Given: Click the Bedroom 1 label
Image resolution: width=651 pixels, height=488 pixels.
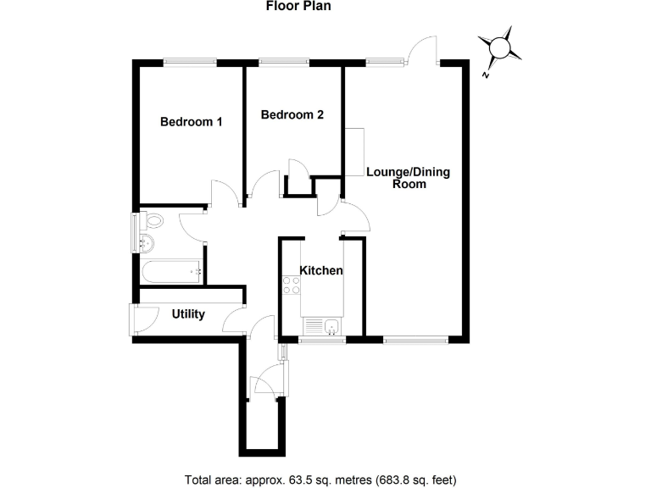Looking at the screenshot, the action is click(192, 122).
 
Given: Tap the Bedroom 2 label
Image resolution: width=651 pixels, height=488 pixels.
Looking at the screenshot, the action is click(292, 114).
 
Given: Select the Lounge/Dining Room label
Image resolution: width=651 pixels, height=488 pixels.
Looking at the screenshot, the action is click(409, 178).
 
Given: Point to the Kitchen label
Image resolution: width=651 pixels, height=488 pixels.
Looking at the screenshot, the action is click(321, 270).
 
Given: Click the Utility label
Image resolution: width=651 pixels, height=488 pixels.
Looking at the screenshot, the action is click(188, 314).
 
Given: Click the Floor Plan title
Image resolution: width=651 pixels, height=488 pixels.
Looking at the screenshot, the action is click(298, 6).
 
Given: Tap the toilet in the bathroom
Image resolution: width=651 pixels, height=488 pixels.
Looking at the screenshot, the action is click(152, 220).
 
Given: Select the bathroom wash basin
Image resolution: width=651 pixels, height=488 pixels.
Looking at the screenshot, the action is click(147, 243).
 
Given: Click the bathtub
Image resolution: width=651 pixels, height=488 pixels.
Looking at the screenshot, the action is click(172, 272).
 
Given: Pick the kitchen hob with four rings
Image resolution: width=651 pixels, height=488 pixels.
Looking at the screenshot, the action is click(291, 286).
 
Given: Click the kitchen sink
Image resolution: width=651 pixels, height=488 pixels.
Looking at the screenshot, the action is click(331, 326).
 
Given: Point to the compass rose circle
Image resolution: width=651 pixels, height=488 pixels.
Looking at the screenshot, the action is click(499, 47).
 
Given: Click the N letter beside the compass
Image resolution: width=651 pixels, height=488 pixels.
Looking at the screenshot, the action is click(485, 75).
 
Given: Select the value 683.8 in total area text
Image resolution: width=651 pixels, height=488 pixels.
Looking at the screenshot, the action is click(391, 480).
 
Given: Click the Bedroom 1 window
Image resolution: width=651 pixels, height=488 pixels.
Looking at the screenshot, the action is click(190, 63).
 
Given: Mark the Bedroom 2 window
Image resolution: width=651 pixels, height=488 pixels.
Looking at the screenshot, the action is click(285, 63).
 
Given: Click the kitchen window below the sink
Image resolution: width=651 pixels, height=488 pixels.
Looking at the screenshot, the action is click(322, 341).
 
